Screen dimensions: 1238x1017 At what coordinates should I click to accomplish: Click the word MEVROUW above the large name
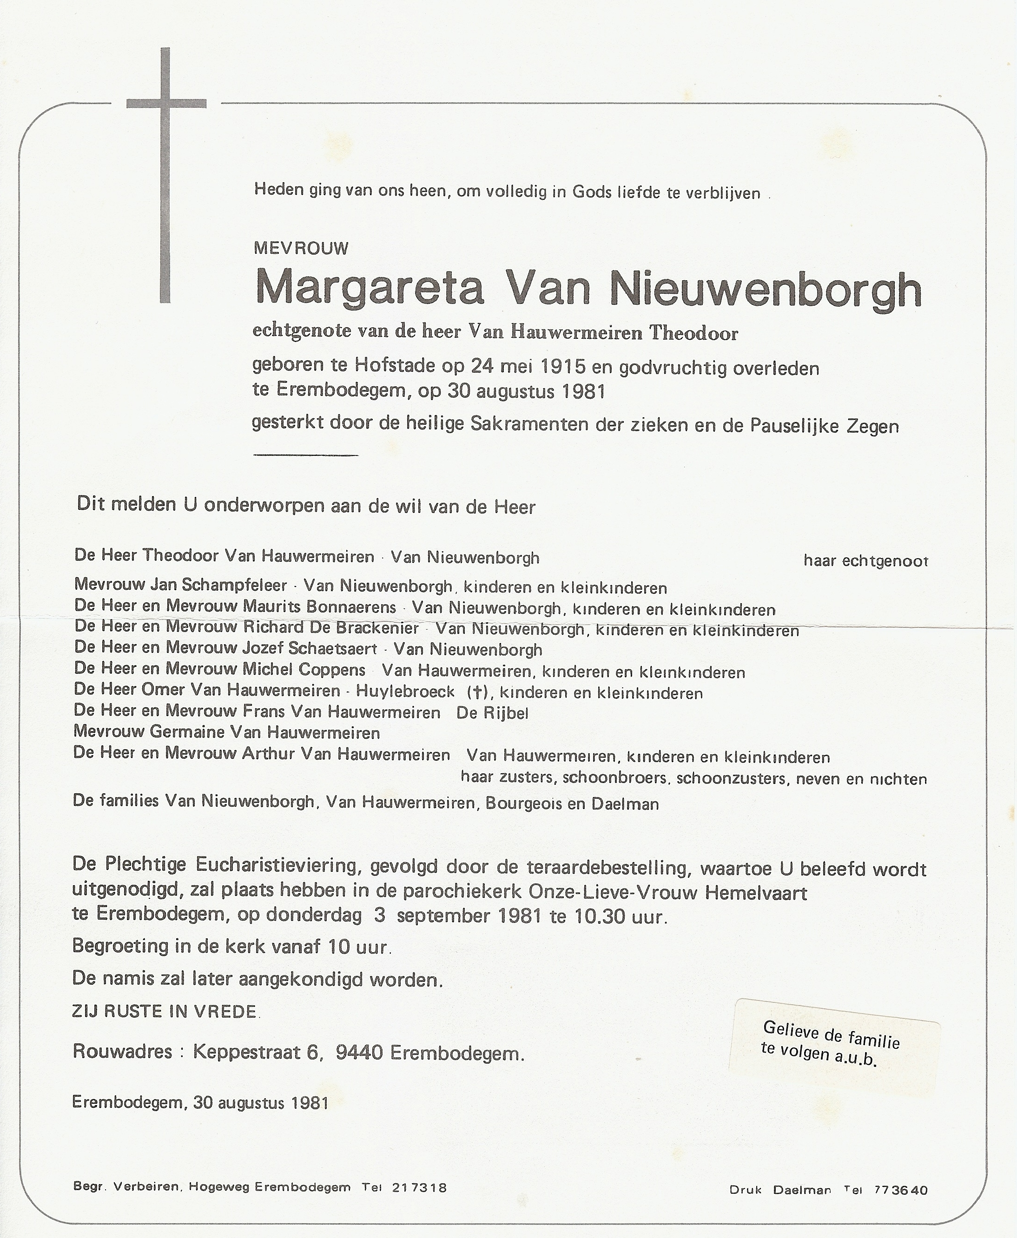[301, 248]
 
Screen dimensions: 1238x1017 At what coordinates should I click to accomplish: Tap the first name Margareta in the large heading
[370, 289]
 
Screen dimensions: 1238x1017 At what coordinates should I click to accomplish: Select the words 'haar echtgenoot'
[865, 561]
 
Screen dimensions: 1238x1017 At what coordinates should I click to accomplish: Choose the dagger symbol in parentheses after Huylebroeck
[477, 693]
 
